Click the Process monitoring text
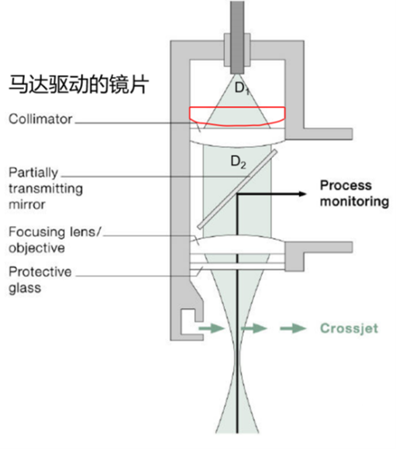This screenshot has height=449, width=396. pos(354,194)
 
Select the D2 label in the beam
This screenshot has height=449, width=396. pos(237,162)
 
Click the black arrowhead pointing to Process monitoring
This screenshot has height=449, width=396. pos(304,194)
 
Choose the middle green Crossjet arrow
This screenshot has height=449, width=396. pos(253,328)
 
